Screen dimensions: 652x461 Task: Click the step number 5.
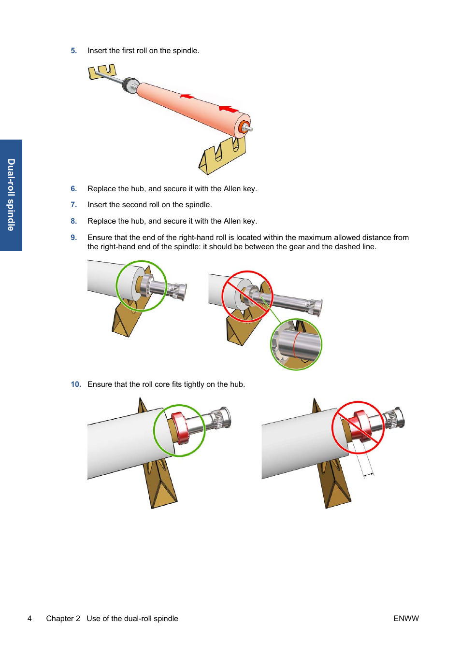tap(73, 51)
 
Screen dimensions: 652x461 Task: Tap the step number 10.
tap(76, 384)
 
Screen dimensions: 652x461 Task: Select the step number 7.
tap(73, 205)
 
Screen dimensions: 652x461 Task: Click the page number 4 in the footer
tap(29, 619)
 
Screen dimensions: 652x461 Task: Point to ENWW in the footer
tap(406, 619)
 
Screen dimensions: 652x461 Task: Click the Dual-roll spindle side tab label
tap(11, 195)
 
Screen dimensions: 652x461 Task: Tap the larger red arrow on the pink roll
tap(229, 109)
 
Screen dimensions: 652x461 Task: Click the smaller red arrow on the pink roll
tap(187, 97)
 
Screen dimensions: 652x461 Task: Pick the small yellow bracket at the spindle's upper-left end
tap(102, 72)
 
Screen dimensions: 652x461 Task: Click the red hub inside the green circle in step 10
tap(180, 427)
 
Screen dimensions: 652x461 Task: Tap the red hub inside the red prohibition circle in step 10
tap(360, 425)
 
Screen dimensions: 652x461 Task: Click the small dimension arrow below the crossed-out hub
tap(369, 475)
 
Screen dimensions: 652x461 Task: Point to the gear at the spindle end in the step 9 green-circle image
tap(178, 291)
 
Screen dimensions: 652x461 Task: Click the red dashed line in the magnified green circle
tap(295, 344)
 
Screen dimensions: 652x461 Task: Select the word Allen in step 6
tap(232, 189)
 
